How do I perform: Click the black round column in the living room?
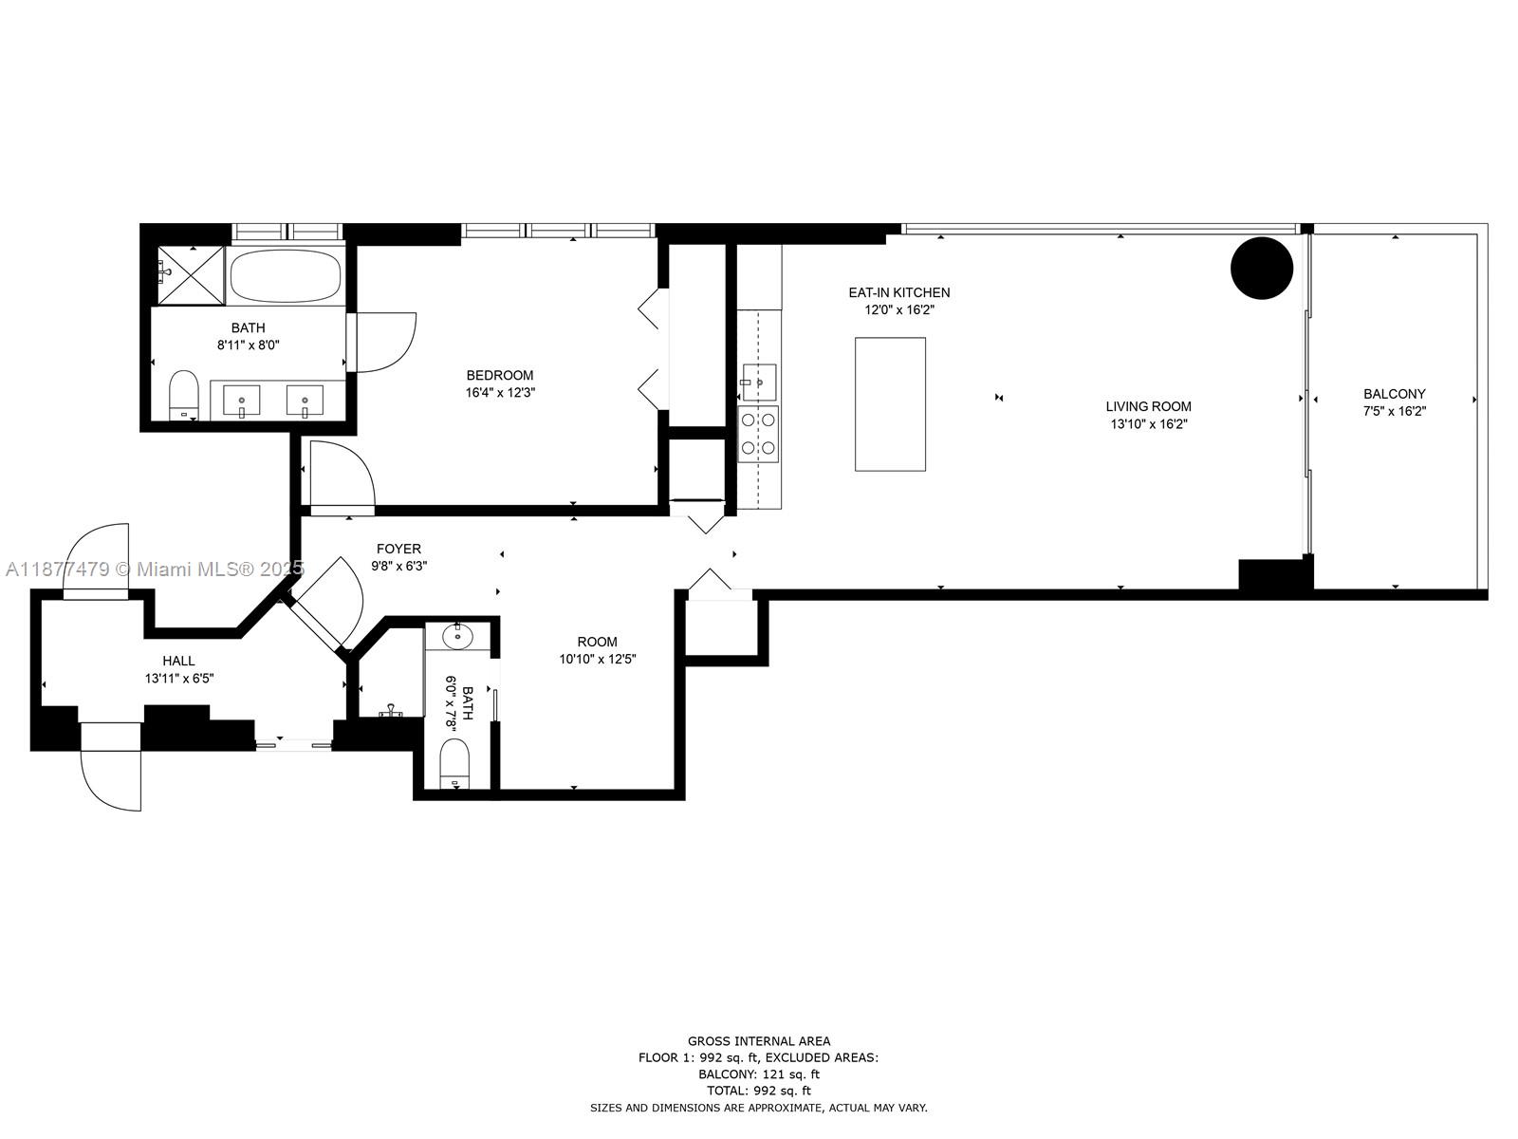point(1262,268)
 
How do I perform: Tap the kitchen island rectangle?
point(890,403)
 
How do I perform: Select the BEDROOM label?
point(499,375)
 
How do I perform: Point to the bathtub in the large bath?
point(286,275)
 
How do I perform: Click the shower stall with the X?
point(190,274)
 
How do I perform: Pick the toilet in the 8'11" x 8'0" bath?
point(183,395)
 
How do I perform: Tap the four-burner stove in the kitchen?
point(759,433)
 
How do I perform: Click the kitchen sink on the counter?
point(758,382)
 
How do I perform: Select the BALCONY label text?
point(1394,394)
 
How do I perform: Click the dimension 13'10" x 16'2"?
point(1148,424)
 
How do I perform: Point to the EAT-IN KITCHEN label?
point(898,292)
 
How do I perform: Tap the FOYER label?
point(398,549)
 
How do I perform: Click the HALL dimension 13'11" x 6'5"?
point(178,679)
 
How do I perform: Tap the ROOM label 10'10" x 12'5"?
point(597,642)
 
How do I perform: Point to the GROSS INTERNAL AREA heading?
point(758,1041)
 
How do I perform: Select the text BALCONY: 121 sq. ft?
point(758,1074)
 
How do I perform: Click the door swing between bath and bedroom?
point(384,342)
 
